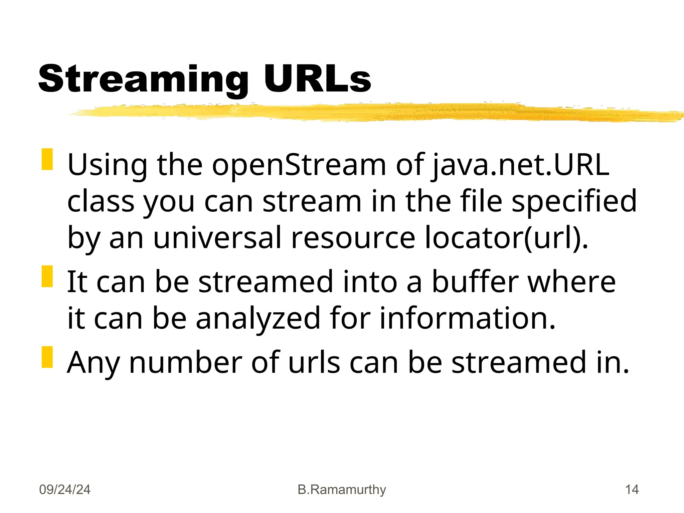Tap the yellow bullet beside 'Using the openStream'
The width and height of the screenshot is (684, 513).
(x=47, y=159)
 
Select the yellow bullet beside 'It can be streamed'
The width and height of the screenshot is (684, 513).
(x=47, y=276)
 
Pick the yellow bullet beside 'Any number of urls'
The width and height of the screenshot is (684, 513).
(x=47, y=357)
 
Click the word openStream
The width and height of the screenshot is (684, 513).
(x=299, y=165)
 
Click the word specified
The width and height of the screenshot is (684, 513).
(x=574, y=201)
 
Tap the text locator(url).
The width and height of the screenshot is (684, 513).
(x=506, y=238)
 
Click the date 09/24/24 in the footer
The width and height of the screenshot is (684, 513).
(x=65, y=490)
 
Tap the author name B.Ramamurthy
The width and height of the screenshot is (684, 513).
(x=342, y=490)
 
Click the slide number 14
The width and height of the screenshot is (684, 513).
(x=632, y=490)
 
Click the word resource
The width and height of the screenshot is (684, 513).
(x=353, y=238)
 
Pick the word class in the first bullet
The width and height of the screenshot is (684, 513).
(x=101, y=201)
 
